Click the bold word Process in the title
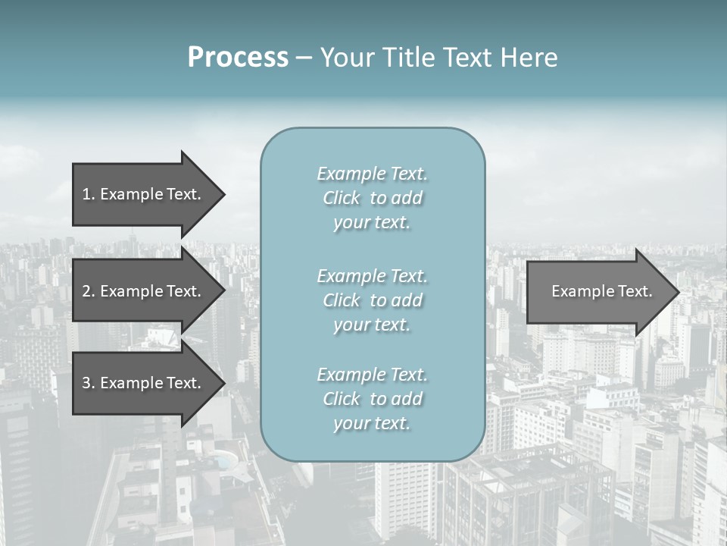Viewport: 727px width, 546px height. (x=238, y=58)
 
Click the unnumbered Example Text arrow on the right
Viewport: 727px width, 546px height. (x=598, y=291)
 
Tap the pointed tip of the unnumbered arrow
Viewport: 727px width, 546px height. (x=677, y=291)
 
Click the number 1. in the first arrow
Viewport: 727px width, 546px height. (x=89, y=194)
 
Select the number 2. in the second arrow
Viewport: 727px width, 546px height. (x=89, y=291)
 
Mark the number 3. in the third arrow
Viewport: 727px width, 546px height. (x=89, y=383)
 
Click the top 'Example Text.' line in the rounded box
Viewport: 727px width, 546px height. (x=372, y=174)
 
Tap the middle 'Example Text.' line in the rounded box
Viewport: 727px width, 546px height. (x=372, y=276)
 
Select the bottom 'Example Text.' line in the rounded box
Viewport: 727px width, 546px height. (x=372, y=375)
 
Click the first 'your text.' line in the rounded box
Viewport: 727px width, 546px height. (x=372, y=223)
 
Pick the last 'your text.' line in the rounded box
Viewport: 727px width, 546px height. (x=372, y=423)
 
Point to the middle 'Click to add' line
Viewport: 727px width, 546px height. (x=372, y=300)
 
